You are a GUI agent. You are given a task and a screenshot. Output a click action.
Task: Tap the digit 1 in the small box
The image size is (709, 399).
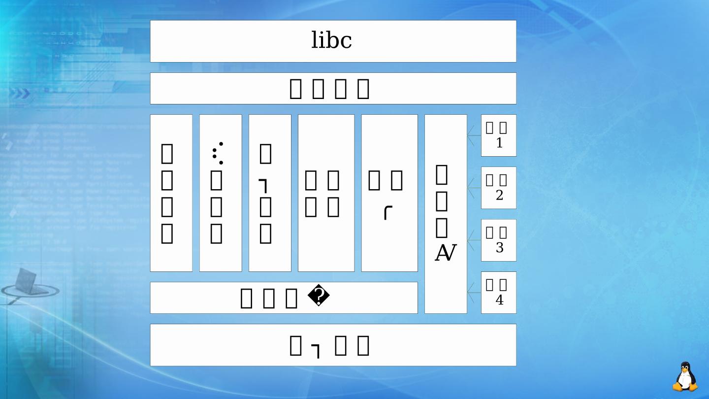click(x=499, y=144)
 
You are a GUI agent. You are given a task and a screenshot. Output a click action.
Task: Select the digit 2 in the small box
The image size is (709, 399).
click(x=499, y=196)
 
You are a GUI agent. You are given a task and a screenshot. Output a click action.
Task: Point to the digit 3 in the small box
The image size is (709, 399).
click(x=499, y=248)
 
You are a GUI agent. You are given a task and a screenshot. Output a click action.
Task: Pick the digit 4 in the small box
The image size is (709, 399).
click(x=499, y=300)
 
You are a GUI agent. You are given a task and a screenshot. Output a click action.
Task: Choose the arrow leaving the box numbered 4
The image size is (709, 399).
click(x=474, y=293)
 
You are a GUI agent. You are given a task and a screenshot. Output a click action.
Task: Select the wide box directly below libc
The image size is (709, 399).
click(x=333, y=89)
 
